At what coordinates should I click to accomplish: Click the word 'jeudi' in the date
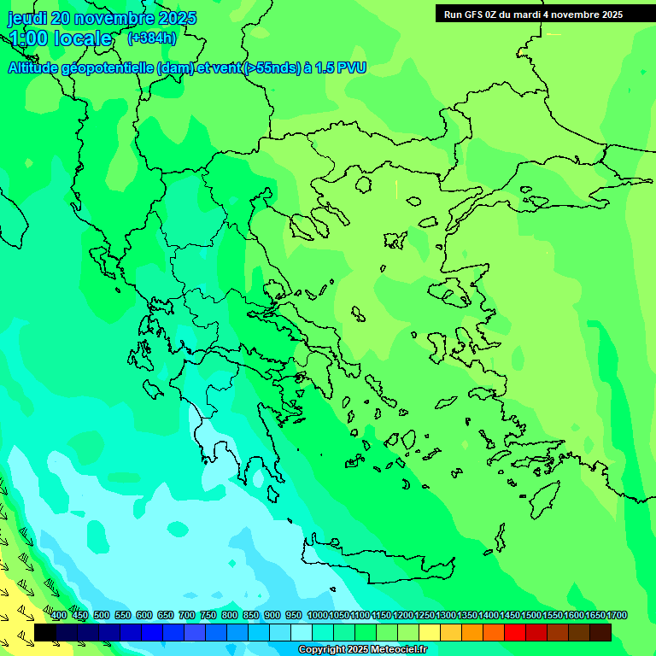(27, 18)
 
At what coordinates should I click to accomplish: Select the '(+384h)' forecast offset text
(152, 38)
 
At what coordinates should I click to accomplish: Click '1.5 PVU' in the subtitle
(341, 68)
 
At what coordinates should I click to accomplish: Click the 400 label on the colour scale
(58, 615)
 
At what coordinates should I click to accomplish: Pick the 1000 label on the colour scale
(317, 615)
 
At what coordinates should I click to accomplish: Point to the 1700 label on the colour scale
(617, 615)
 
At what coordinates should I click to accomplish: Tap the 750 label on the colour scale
(208, 615)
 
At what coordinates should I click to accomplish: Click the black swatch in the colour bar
(45, 632)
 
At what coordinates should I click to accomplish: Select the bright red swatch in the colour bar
(515, 632)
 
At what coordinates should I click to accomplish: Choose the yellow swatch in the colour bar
(430, 632)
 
